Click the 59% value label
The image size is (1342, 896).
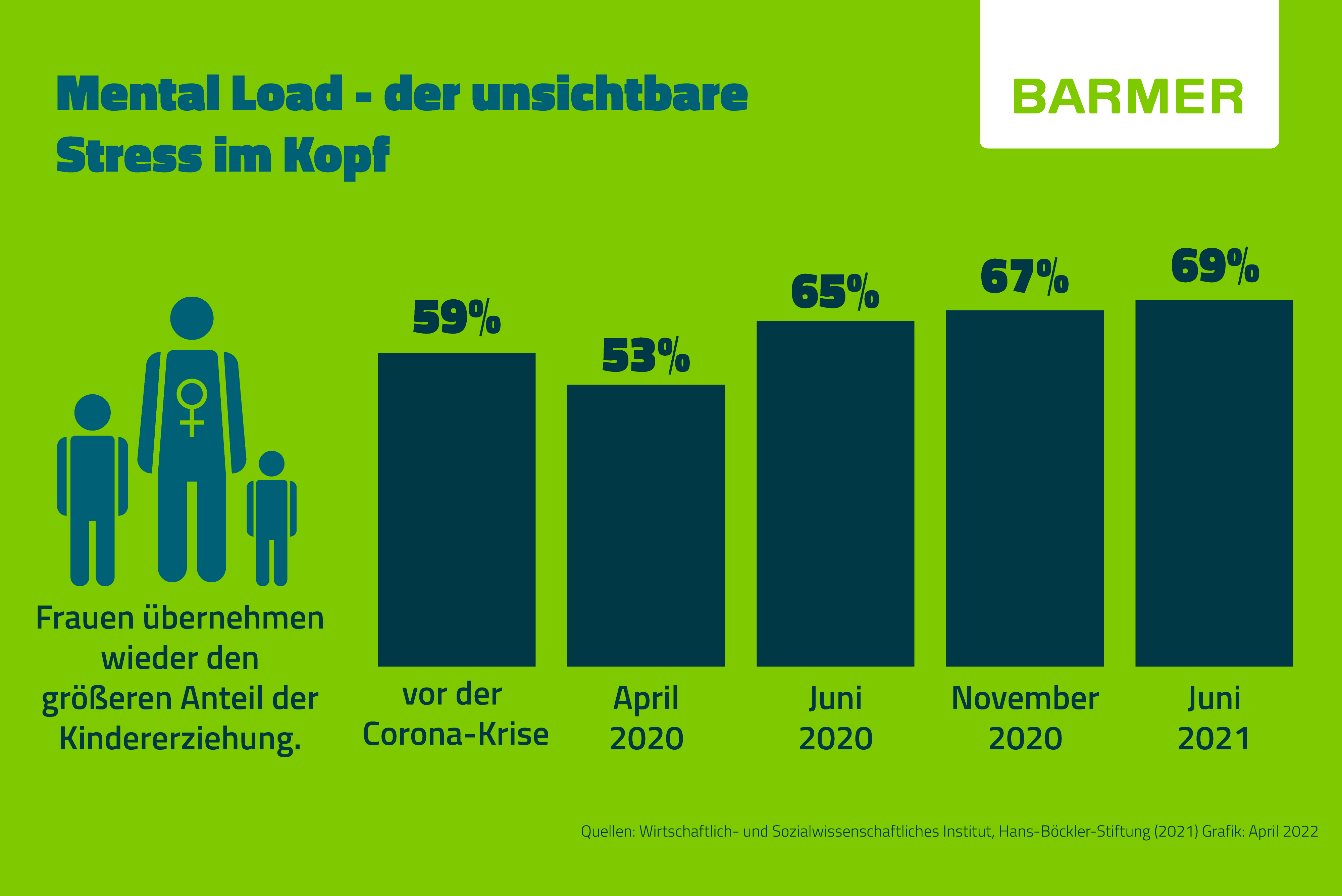tap(457, 317)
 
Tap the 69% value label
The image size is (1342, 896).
tap(1215, 266)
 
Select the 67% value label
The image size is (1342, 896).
tap(1024, 277)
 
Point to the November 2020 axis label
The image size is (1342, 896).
tap(1025, 718)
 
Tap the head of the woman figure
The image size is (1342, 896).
tap(192, 318)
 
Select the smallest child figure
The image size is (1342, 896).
tap(271, 517)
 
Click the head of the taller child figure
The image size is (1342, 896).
tap(93, 412)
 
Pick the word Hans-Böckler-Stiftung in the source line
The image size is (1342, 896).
tap(1074, 832)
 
